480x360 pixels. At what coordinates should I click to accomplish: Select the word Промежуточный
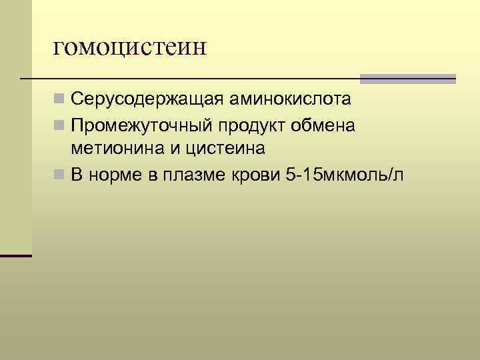(141, 126)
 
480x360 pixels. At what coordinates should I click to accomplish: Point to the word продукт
(253, 126)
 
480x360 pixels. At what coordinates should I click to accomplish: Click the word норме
(113, 176)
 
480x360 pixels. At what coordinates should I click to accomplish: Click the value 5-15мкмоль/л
(343, 176)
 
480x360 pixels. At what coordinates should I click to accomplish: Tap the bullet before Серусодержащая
(60, 101)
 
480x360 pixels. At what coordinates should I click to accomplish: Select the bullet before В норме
(60, 176)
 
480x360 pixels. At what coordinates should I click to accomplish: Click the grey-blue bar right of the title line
(407, 79)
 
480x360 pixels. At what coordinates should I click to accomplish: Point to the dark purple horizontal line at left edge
(16, 255)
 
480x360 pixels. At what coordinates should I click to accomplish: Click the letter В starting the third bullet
(77, 176)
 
